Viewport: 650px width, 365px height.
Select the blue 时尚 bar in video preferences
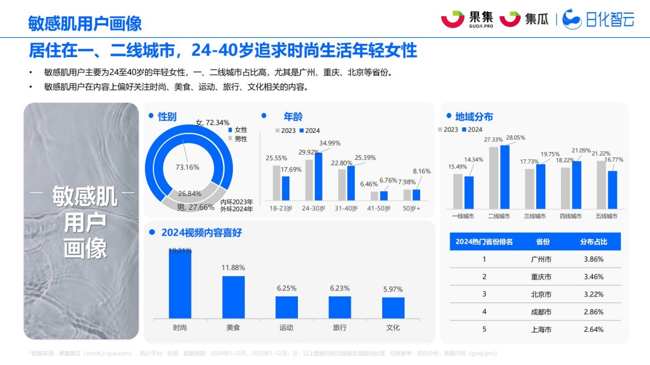point(180,283)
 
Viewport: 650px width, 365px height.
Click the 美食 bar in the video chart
point(234,296)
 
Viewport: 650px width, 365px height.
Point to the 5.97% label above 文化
point(393,289)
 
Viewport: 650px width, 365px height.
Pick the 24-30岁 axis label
point(314,208)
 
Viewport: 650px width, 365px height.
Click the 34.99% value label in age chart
point(330,143)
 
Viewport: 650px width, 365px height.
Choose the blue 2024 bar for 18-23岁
point(286,188)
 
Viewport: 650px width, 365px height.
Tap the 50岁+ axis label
point(412,208)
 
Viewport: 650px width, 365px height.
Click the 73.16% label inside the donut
point(187,167)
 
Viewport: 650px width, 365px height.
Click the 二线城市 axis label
point(499,216)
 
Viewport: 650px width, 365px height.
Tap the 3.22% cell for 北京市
point(593,294)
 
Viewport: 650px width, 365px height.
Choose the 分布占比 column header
point(593,242)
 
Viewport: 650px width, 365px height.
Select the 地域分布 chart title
point(474,117)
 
